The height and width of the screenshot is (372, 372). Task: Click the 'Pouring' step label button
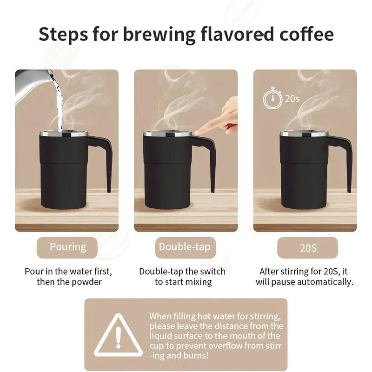coord(68,247)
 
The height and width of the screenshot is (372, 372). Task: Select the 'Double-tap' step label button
coord(185,247)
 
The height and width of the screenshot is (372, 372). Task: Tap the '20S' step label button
coord(308,247)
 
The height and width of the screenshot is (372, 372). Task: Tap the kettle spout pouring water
coord(49,77)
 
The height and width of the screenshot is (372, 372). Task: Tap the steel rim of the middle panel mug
coord(167,134)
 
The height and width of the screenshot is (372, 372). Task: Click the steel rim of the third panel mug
coord(304,134)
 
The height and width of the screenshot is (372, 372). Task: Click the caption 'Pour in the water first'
coord(68,271)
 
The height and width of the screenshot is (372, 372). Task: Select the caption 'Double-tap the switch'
coord(182,271)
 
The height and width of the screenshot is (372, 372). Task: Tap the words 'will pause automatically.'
coord(305,282)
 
